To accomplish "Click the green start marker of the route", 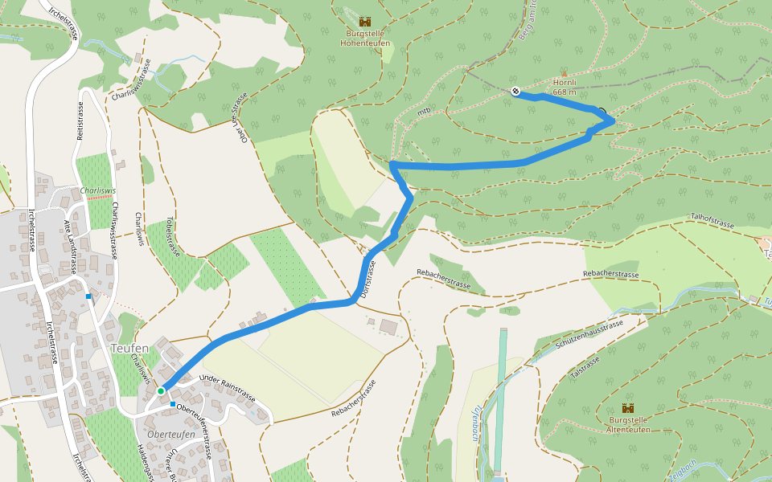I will pyautogui.click(x=161, y=391).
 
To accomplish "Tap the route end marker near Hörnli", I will pyautogui.click(x=515, y=92).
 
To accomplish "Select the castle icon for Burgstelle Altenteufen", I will pyautogui.click(x=627, y=408).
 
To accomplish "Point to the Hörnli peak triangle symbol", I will pyautogui.click(x=564, y=74).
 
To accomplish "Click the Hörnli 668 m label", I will pyautogui.click(x=565, y=87).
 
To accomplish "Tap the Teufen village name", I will pyautogui.click(x=129, y=349).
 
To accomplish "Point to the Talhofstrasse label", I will pyautogui.click(x=712, y=221).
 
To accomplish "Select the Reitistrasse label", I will pyautogui.click(x=80, y=120).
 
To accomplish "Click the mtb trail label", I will pyautogui.click(x=424, y=112).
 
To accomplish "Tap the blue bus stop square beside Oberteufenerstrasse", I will pyautogui.click(x=172, y=404).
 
